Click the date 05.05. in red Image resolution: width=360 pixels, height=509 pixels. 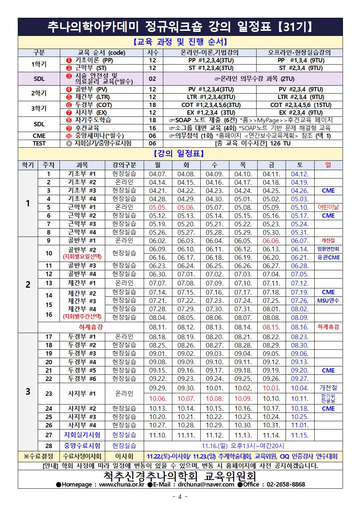157,207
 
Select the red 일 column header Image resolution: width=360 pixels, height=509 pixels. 328,165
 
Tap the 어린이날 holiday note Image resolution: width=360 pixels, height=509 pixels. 328,207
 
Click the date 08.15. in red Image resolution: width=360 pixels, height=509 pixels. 271,327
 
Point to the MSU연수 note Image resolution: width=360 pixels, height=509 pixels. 328,300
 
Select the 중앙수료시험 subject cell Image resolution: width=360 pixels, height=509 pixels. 82,446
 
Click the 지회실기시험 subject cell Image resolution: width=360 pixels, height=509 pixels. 82,435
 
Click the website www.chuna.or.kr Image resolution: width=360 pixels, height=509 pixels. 122,484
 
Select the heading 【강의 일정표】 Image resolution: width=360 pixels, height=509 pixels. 180,154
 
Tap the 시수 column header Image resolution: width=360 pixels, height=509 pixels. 152,53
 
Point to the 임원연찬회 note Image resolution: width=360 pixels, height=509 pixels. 328,249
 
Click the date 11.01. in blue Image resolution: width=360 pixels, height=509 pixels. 299,425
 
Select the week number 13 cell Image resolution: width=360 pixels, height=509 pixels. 49,283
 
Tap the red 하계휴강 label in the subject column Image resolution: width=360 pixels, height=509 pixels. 91,327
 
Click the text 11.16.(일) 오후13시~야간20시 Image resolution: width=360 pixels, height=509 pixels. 243,446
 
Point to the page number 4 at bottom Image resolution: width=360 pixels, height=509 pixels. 180,497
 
